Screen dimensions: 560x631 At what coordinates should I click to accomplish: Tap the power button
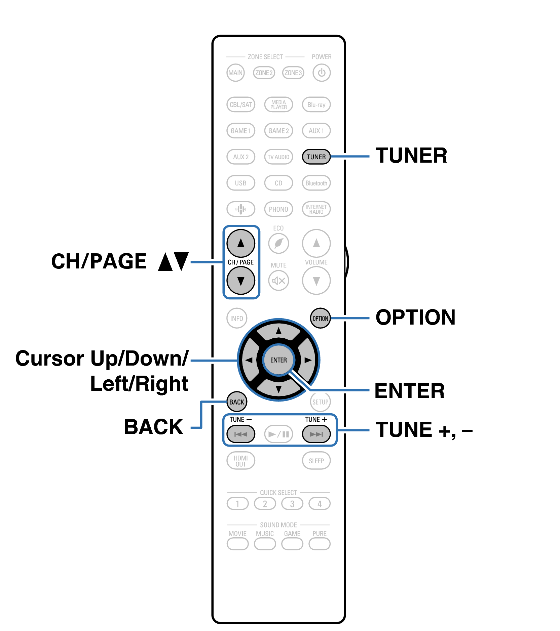(x=321, y=73)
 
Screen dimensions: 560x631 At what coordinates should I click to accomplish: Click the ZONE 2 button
(x=264, y=73)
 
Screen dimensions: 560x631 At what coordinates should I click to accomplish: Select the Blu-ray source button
(x=316, y=104)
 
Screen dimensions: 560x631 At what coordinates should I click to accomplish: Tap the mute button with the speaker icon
(x=278, y=281)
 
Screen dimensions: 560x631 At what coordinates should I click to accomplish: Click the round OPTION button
(x=320, y=318)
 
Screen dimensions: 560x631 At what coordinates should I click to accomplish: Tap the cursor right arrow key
(x=307, y=360)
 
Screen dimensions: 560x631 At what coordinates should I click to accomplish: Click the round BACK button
(x=237, y=402)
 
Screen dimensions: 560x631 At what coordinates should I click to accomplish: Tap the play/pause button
(x=278, y=434)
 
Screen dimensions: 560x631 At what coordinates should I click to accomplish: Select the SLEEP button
(x=316, y=461)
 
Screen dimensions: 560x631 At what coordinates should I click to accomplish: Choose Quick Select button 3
(x=292, y=504)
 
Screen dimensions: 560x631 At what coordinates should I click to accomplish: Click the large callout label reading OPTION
(x=415, y=317)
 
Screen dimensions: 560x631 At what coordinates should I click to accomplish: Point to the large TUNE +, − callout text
(x=424, y=430)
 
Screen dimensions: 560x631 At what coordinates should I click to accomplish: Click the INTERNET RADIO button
(x=316, y=209)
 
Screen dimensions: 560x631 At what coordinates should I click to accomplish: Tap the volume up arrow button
(x=316, y=243)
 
